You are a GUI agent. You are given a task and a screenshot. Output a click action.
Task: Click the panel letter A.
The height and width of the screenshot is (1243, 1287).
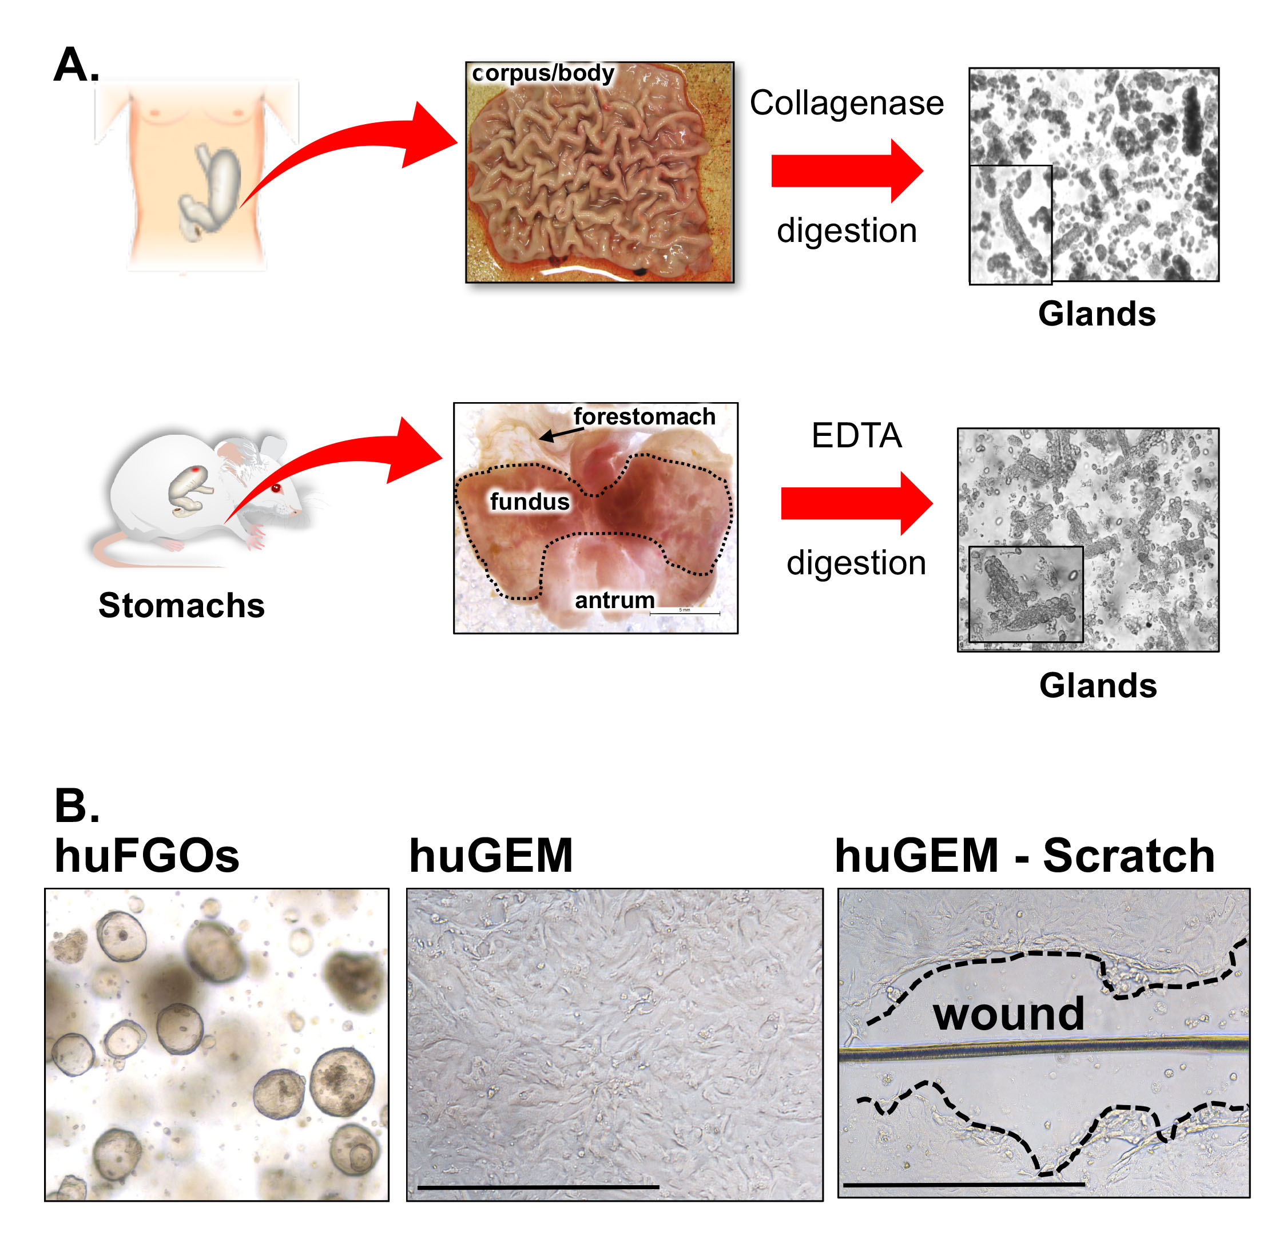[76, 65]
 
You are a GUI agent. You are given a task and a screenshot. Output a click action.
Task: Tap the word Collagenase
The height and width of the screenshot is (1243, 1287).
[847, 103]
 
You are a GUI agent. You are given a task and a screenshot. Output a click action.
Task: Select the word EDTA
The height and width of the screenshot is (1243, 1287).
[856, 435]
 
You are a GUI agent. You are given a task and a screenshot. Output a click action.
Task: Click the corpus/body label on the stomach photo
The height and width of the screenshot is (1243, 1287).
[543, 73]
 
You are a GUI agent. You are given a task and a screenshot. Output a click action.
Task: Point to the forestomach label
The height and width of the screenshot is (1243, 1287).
[644, 416]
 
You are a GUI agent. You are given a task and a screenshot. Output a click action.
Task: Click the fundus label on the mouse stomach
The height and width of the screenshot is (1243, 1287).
[529, 502]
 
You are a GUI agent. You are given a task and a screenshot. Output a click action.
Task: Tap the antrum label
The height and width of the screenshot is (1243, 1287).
[614, 600]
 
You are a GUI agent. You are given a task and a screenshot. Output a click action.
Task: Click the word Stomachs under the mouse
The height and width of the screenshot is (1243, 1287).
[181, 605]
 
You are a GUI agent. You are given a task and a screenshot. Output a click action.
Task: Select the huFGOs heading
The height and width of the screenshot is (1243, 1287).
[147, 856]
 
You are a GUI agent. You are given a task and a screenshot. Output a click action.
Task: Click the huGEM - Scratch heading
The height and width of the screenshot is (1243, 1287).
[1024, 856]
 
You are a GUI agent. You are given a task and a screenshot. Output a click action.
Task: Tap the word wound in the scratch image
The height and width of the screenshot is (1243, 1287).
[1008, 1015]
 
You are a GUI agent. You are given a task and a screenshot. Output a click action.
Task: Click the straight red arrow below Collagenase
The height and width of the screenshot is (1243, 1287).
[847, 170]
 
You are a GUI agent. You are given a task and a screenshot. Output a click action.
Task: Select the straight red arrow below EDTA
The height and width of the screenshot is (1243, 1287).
[856, 503]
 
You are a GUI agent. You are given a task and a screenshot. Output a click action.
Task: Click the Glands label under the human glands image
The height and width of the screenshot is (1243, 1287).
[1097, 314]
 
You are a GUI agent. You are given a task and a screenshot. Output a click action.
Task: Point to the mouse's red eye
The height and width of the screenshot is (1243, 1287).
[276, 488]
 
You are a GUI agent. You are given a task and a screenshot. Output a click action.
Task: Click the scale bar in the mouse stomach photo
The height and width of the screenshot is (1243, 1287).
[684, 613]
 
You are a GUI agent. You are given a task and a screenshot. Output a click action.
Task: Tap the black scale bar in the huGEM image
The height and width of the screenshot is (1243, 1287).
[538, 1187]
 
